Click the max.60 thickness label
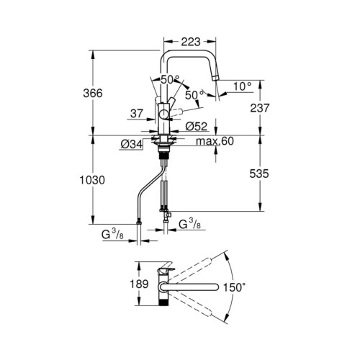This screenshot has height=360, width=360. [214, 142]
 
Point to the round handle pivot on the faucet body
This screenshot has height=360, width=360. [165, 113]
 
